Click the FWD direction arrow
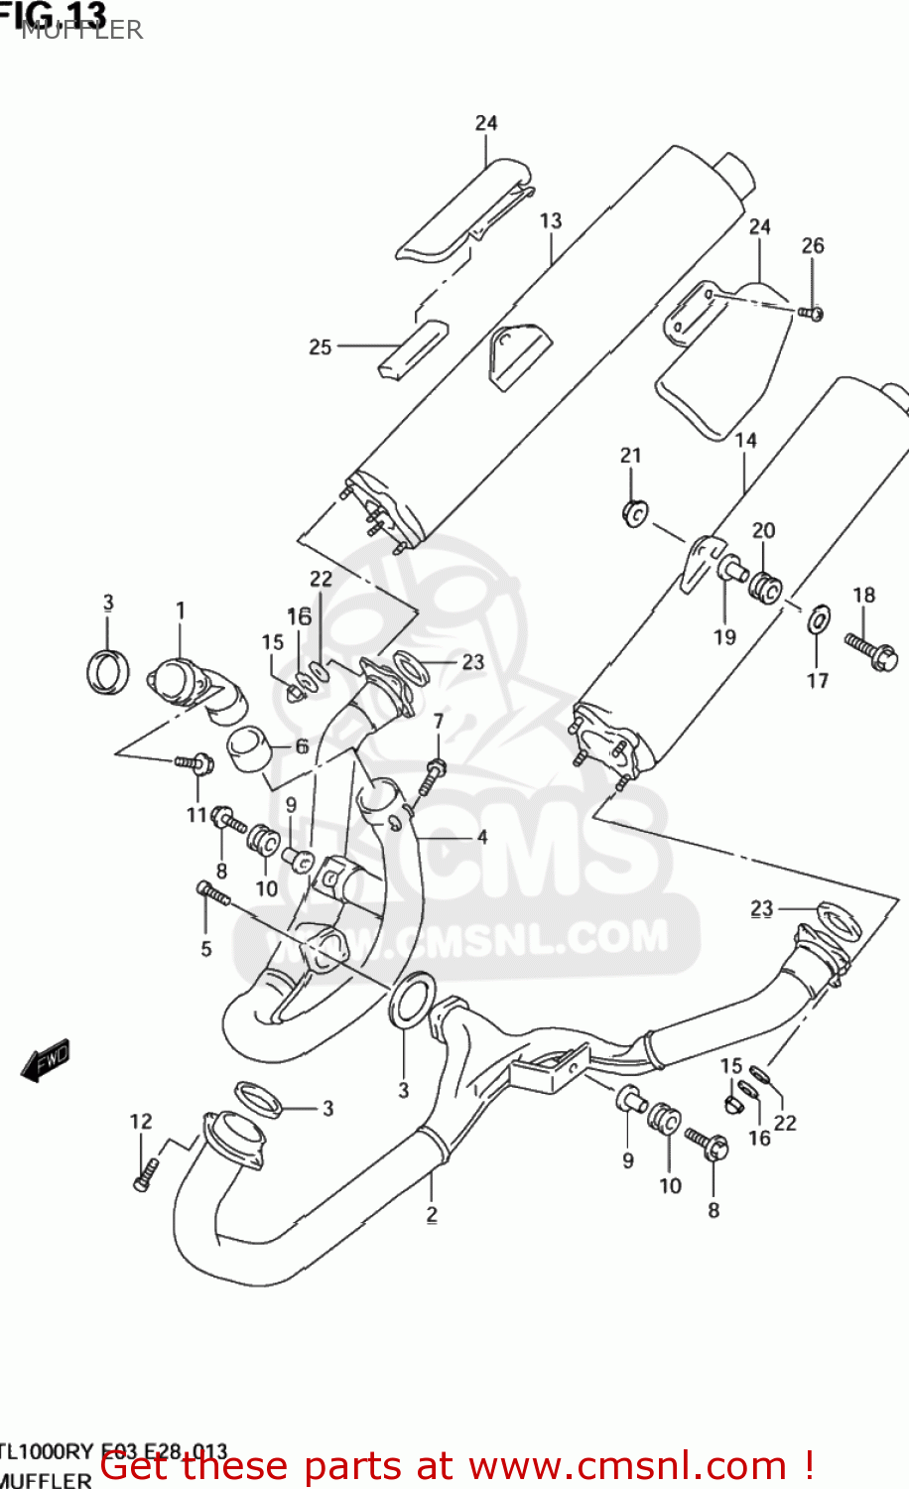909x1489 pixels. [46, 1060]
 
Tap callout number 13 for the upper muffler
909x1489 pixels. [551, 221]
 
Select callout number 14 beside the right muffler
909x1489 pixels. [745, 440]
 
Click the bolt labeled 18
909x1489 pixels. [872, 650]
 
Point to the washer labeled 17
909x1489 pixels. [819, 620]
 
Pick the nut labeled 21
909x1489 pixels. [634, 513]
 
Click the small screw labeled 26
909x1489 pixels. [811, 313]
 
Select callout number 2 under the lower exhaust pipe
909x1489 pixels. [432, 1214]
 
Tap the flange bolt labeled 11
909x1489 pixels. [195, 763]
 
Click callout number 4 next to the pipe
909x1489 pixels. [482, 837]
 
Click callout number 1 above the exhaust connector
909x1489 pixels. [181, 610]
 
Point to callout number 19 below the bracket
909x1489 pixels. [724, 636]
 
